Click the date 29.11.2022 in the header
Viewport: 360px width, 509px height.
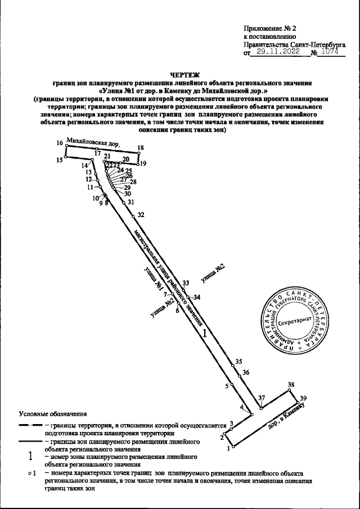tap(276, 52)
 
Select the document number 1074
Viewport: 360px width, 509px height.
tap(329, 52)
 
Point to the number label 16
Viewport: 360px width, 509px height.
tap(60, 143)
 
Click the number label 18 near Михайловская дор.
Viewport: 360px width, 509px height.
tap(141, 148)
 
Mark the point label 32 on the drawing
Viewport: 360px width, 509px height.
tap(141, 215)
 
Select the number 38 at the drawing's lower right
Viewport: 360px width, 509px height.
tap(291, 385)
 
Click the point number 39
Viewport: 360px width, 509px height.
tap(304, 398)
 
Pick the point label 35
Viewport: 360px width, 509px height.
tap(238, 361)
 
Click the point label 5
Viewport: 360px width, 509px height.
tap(227, 386)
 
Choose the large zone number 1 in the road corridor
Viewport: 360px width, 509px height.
tap(205, 334)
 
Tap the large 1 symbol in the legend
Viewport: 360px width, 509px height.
tap(29, 457)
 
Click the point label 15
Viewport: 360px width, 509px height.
tap(59, 160)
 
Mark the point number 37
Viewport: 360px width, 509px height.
tap(261, 398)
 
